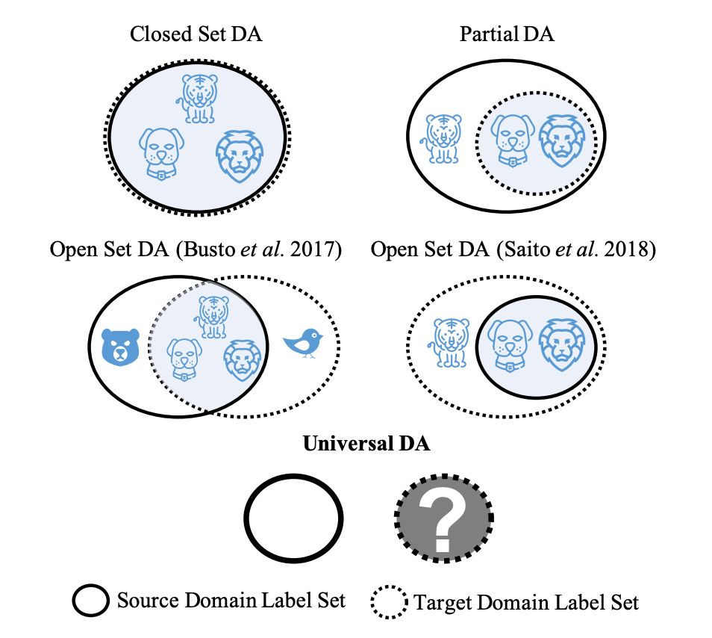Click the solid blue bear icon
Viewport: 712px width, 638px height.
(x=121, y=347)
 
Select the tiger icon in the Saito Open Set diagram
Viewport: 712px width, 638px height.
(x=451, y=342)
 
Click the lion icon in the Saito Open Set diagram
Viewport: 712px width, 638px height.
(x=560, y=343)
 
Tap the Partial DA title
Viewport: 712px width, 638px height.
(x=507, y=34)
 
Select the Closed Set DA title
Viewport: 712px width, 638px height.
(x=196, y=34)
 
